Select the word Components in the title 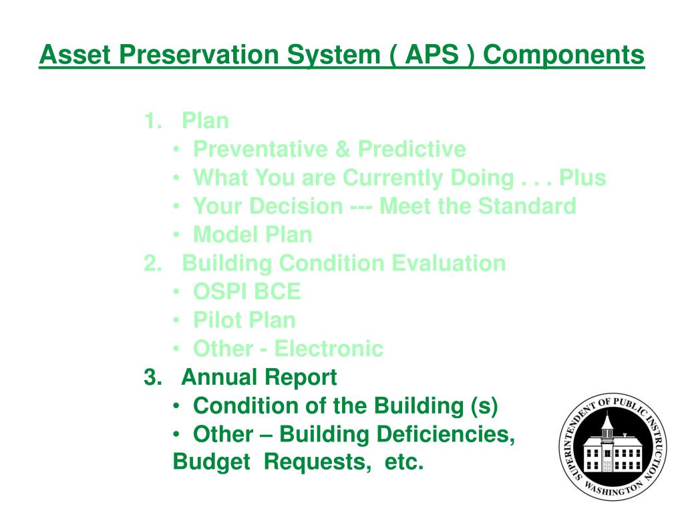click(564, 55)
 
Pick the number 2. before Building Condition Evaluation click(153, 263)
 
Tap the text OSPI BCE click(246, 292)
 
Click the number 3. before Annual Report click(153, 377)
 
